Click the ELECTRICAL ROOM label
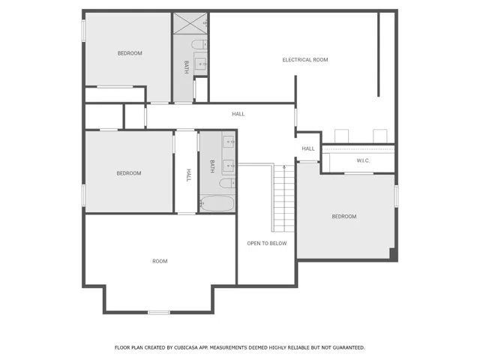tap(304, 60)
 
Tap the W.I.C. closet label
tap(361, 160)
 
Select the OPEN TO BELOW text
tap(266, 243)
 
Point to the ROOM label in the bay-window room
tap(160, 261)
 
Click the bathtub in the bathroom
tap(217, 204)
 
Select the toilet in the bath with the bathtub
tap(226, 183)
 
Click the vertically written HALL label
tap(187, 174)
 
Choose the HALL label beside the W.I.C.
tap(308, 148)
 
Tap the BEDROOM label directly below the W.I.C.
tap(344, 217)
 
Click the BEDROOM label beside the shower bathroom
tap(129, 53)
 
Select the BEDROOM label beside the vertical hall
tap(128, 173)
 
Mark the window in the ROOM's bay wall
tap(158, 312)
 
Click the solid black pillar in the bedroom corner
tap(393, 255)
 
